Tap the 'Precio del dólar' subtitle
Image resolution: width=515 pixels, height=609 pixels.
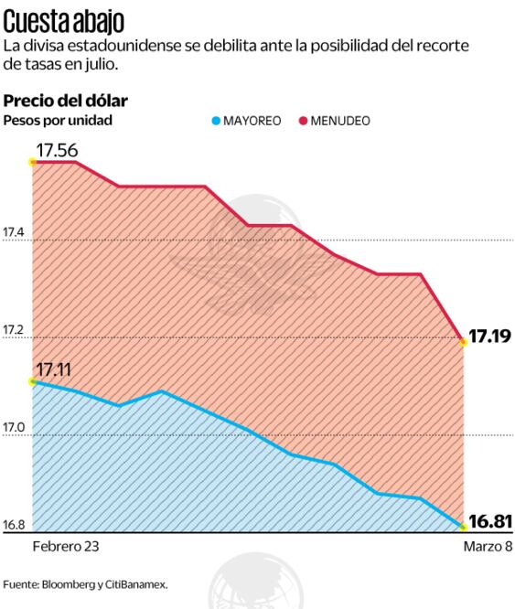pyautogui.click(x=66, y=100)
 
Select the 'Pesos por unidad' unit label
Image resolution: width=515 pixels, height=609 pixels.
pyautogui.click(x=59, y=120)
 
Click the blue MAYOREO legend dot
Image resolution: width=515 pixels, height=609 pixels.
pyautogui.click(x=217, y=121)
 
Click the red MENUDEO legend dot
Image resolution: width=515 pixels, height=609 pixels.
pyautogui.click(x=304, y=121)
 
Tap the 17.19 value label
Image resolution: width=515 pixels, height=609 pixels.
pyautogui.click(x=491, y=337)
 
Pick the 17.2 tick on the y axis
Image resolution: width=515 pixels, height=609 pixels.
pyautogui.click(x=14, y=331)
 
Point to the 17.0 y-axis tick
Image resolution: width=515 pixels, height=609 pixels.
pyautogui.click(x=14, y=428)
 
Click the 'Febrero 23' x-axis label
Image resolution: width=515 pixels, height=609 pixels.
pyautogui.click(x=65, y=546)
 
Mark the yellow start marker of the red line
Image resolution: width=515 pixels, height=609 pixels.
pyautogui.click(x=32, y=162)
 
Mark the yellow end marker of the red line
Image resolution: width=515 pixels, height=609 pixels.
pyautogui.click(x=464, y=341)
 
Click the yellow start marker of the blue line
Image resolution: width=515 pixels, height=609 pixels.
pyautogui.click(x=32, y=380)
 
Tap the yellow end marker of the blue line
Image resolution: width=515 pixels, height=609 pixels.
pyautogui.click(x=464, y=528)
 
